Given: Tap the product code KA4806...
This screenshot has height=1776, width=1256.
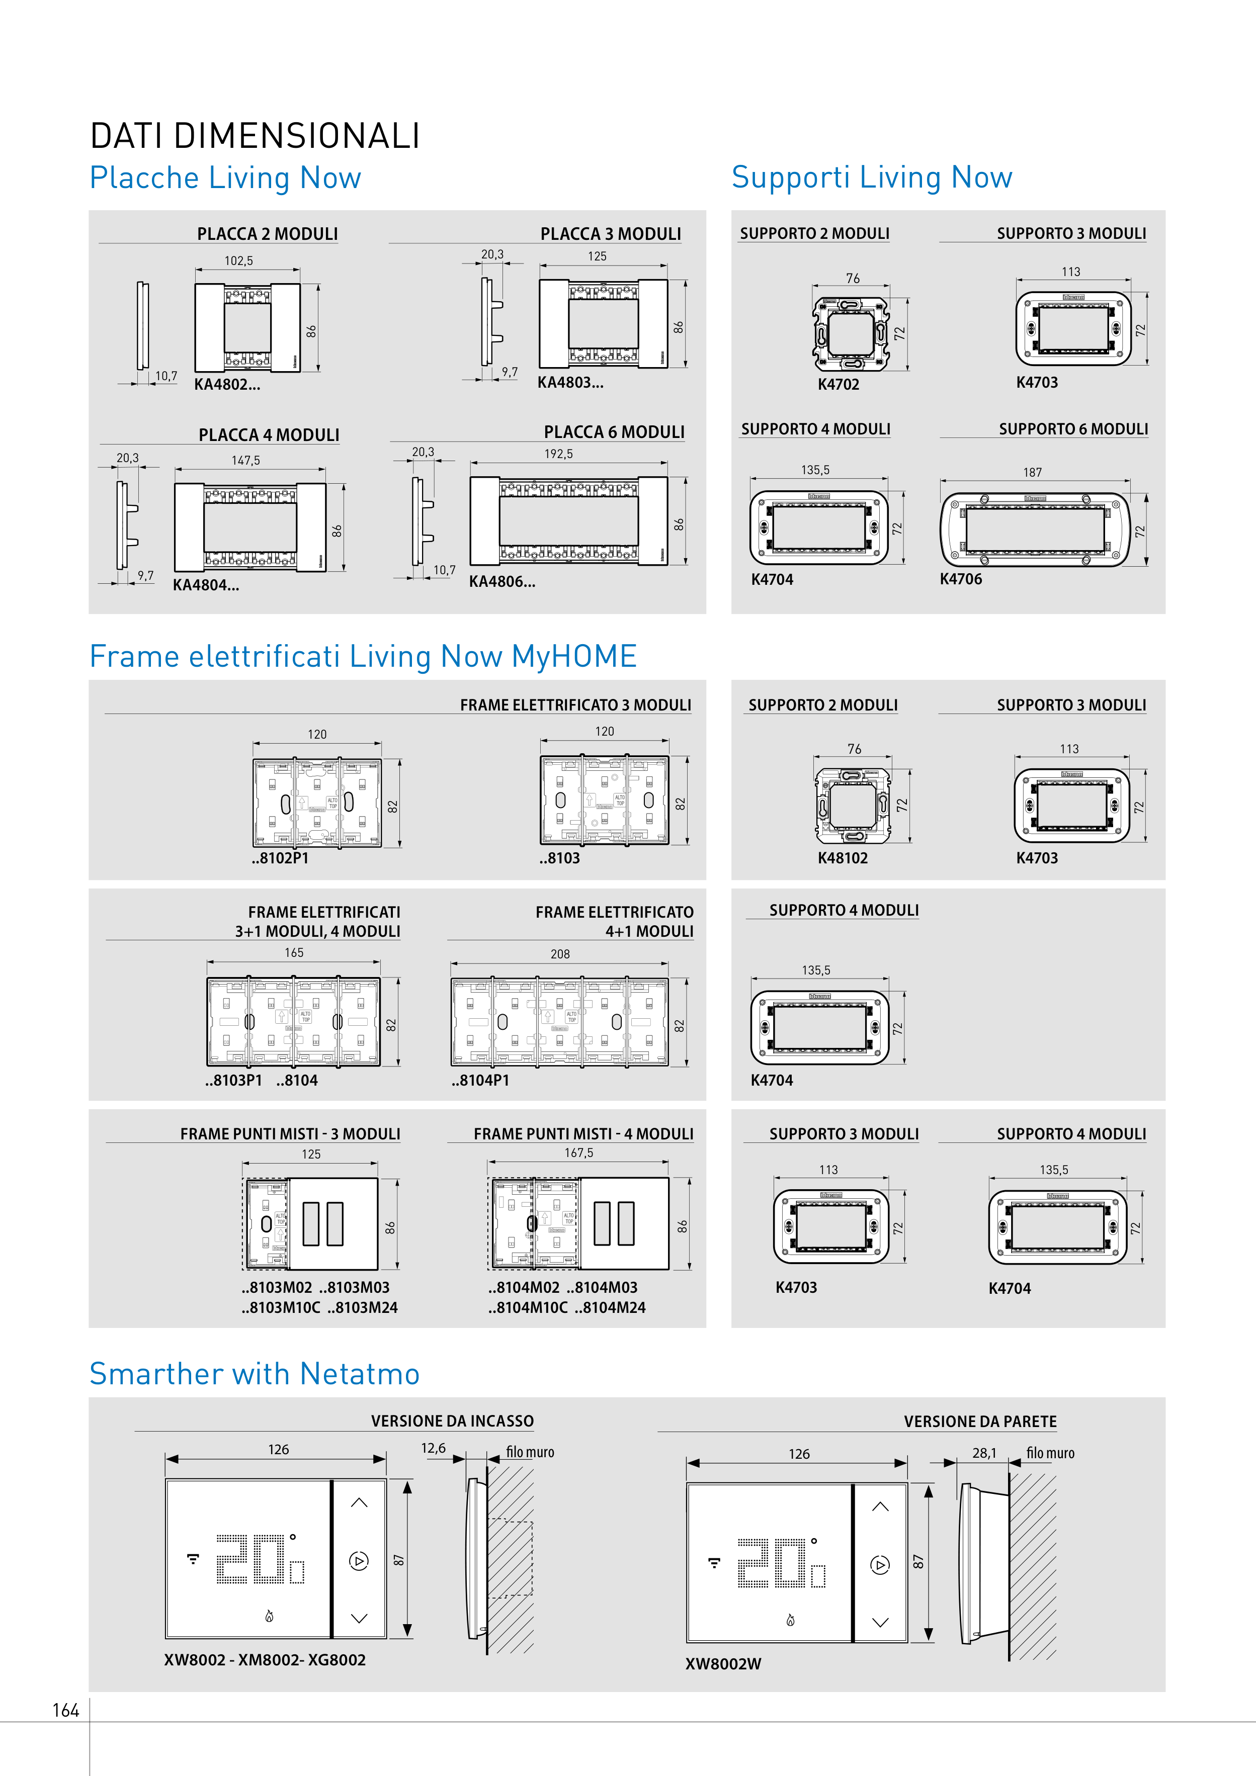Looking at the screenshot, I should pos(501,582).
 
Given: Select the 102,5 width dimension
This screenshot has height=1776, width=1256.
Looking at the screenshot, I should pos(238,260).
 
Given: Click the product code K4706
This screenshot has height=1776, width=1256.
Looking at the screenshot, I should pos(960,579).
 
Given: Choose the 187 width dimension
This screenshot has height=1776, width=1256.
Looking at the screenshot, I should pos(1032,472).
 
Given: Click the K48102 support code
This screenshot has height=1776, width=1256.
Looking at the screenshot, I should pos(843,858).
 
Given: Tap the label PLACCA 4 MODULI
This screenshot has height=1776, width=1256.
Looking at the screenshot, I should pos(269,435).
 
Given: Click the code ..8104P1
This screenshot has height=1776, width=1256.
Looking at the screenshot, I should pos(480,1080).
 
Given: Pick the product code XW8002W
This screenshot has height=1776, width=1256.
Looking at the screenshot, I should pos(723,1664).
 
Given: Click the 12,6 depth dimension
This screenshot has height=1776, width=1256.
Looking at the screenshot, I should pos(434,1448).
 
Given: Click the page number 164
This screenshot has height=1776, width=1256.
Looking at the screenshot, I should pos(66,1710).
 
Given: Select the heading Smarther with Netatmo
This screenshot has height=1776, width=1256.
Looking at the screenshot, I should pos(255,1374).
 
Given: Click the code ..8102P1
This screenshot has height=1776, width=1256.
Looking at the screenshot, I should pos(280,858).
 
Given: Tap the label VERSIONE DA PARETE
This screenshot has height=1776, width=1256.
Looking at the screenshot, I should pos(980,1422).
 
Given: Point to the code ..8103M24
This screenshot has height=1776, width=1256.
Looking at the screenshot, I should pos(362,1307).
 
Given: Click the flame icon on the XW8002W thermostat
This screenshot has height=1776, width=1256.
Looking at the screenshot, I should pos(790,1620).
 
